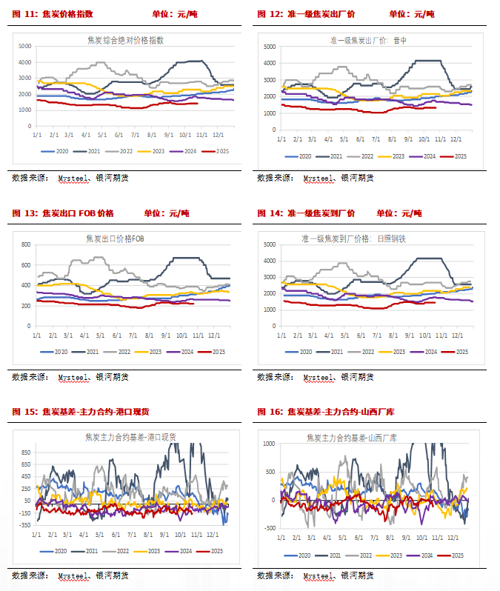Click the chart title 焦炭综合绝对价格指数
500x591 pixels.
[x=125, y=40]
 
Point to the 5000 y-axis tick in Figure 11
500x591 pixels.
[x=24, y=45]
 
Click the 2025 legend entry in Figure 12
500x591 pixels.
[x=457, y=156]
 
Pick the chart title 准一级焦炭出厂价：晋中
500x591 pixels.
[x=372, y=40]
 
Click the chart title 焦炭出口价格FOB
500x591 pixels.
[x=119, y=238]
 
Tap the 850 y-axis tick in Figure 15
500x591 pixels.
[x=25, y=452]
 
